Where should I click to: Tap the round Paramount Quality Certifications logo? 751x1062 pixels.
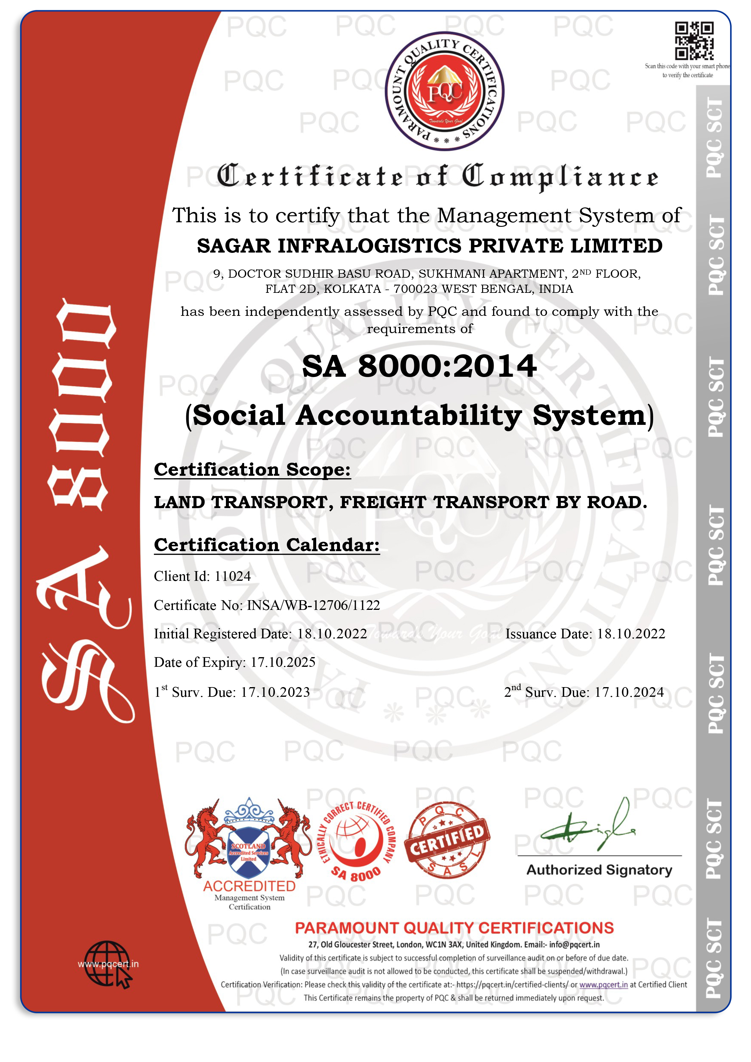point(445,91)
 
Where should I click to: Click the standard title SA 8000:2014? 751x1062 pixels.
point(419,366)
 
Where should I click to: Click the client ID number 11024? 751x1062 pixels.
point(233,576)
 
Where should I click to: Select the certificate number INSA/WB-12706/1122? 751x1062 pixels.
point(313,605)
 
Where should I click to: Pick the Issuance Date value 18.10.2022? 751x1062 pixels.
point(631,634)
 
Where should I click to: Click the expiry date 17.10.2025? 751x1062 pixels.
point(283,662)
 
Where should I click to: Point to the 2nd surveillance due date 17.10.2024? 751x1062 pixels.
point(629,693)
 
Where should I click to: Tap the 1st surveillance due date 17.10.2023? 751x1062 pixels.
point(276,693)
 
